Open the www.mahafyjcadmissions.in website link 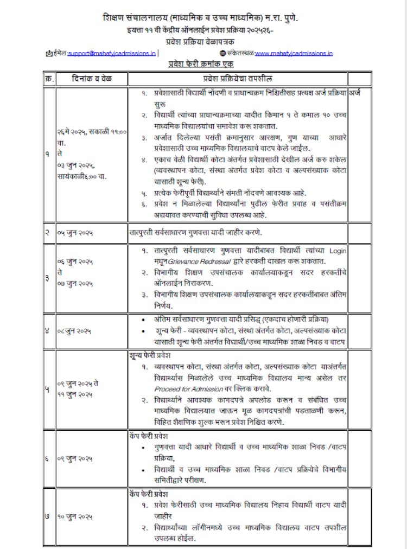(294, 54)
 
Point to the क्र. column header (49, 78)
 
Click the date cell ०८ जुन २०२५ (75, 329)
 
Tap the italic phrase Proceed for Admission (182, 389)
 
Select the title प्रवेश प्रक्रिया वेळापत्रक (203, 41)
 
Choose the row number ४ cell (49, 329)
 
